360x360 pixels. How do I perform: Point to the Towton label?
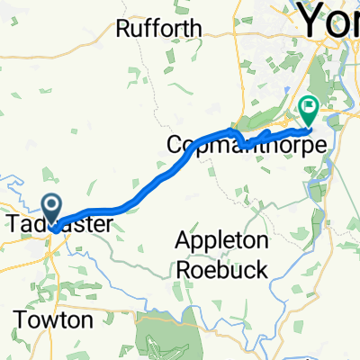[x=53, y=320]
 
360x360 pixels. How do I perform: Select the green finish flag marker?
[x=308, y=109]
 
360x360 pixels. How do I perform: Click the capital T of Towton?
[x=22, y=320]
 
